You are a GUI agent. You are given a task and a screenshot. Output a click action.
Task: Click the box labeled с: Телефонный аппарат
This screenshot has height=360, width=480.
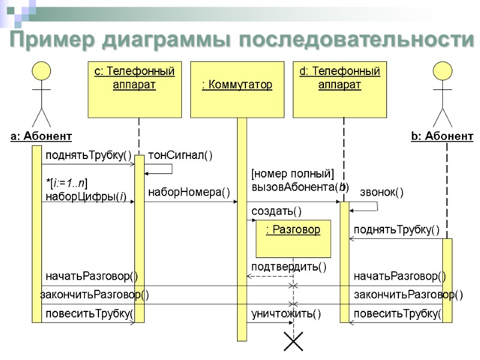tap(134, 89)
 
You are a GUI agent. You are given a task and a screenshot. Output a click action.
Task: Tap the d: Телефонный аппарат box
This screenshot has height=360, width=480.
tap(340, 89)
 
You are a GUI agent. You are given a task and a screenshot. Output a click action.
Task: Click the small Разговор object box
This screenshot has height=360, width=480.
tap(293, 238)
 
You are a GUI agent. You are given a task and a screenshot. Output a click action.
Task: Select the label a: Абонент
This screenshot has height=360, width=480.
tap(41, 137)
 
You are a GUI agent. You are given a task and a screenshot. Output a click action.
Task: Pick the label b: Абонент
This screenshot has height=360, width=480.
tap(442, 137)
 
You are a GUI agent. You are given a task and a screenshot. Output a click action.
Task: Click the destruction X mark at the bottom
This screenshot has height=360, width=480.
tap(293, 343)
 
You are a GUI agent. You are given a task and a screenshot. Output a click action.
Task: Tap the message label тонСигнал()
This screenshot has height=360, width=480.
tap(180, 155)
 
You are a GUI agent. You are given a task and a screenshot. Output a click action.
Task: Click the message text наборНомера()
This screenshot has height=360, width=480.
tap(189, 191)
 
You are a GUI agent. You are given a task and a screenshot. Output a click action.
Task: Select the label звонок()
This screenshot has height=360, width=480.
tap(381, 192)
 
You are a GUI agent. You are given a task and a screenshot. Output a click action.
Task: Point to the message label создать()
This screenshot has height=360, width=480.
tap(276, 211)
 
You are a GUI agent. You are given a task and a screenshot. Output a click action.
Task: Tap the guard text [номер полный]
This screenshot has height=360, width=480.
tap(292, 174)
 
